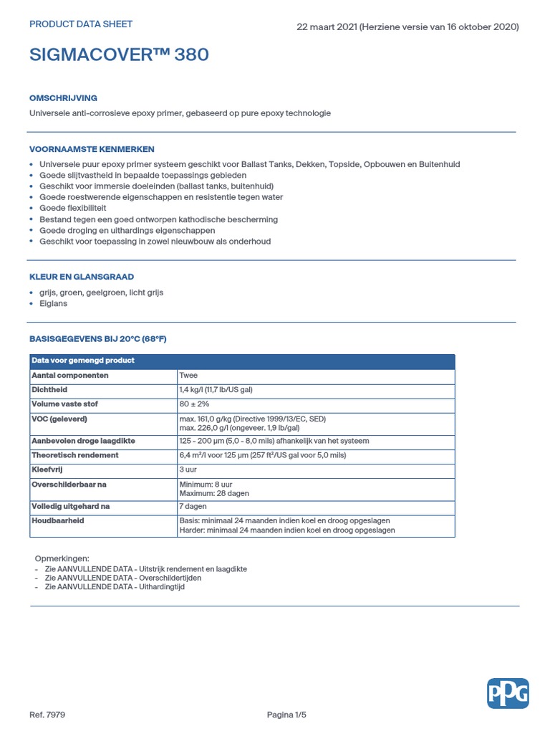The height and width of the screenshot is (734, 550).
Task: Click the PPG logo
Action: (x=508, y=693)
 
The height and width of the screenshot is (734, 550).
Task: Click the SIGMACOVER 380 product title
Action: (x=119, y=55)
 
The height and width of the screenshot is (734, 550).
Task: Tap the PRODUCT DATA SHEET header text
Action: (x=81, y=24)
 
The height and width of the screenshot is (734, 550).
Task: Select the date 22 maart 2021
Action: (x=326, y=27)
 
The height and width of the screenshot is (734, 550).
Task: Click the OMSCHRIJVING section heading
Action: (x=63, y=98)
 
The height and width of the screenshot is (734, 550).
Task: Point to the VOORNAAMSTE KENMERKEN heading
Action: (x=92, y=149)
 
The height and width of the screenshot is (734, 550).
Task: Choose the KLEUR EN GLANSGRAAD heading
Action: (x=82, y=277)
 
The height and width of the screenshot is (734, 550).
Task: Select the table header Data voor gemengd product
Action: (x=83, y=361)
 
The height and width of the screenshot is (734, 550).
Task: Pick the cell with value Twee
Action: (x=188, y=376)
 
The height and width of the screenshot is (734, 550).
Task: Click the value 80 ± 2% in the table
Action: (x=194, y=404)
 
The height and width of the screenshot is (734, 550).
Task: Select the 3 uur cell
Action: (x=188, y=470)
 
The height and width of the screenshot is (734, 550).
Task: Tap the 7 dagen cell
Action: (x=193, y=506)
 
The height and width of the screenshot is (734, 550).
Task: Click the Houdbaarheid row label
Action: (x=58, y=520)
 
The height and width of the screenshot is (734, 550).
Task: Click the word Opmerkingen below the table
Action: (x=62, y=558)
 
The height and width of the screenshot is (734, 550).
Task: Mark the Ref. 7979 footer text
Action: (x=47, y=715)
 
